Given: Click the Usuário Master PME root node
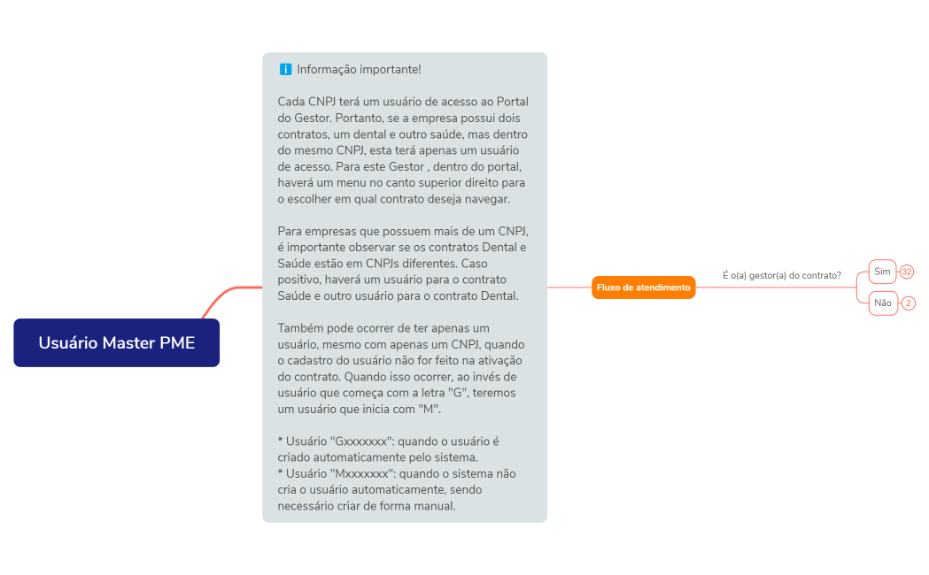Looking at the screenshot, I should (116, 342).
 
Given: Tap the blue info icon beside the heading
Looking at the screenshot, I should (285, 69).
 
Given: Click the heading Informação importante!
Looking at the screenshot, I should (359, 69).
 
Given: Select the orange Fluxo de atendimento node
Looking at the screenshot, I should (644, 287).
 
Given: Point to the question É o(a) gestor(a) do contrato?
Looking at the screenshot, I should (781, 275).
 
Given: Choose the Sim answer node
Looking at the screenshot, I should (882, 272).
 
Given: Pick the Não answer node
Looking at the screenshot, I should (882, 303).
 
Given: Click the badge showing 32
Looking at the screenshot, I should (907, 272).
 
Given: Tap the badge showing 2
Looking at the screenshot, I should (909, 303).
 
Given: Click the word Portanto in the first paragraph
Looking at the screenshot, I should (354, 118).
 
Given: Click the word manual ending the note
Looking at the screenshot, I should (436, 506).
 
